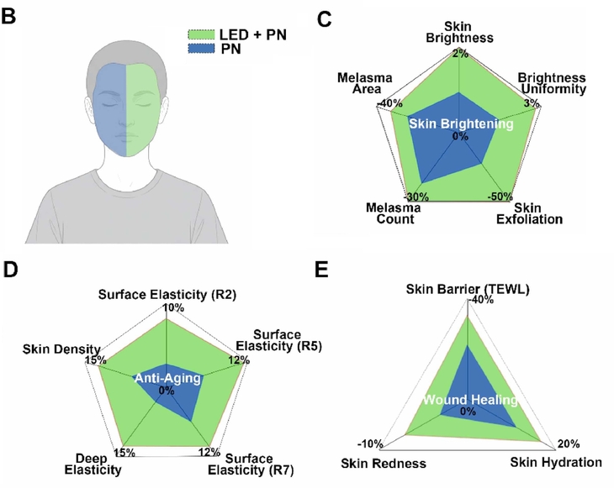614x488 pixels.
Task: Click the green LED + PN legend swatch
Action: pyautogui.click(x=201, y=34)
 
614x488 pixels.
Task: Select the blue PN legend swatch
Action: pyautogui.click(x=201, y=49)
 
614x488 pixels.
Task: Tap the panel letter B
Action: pyautogui.click(x=8, y=17)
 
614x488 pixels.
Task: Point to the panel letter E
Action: pyautogui.click(x=321, y=270)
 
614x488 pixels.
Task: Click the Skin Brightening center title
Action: pyautogui.click(x=461, y=124)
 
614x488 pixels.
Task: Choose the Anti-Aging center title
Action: pyautogui.click(x=167, y=378)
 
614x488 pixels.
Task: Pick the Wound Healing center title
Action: pyautogui.click(x=470, y=400)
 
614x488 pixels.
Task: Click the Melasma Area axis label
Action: pyautogui.click(x=364, y=83)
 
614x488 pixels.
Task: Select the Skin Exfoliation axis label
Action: pyautogui.click(x=529, y=213)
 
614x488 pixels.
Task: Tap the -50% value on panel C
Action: pyautogui.click(x=500, y=197)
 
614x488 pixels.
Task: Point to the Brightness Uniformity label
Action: pyautogui.click(x=552, y=83)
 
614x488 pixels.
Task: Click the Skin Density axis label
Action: pyautogui.click(x=61, y=349)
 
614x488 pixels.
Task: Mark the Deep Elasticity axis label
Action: pyautogui.click(x=93, y=464)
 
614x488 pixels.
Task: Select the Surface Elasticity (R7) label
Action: pyautogui.click(x=250, y=464)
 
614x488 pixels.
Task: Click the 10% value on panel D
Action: pyautogui.click(x=173, y=307)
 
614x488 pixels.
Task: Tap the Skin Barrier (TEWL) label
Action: pyautogui.click(x=468, y=290)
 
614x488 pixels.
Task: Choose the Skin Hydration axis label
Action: pyautogui.click(x=556, y=462)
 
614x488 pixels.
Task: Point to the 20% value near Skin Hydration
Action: pyautogui.click(x=569, y=444)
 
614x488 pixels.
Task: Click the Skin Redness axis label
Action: pyautogui.click(x=384, y=464)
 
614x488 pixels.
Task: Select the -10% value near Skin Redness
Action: pyautogui.click(x=370, y=444)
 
